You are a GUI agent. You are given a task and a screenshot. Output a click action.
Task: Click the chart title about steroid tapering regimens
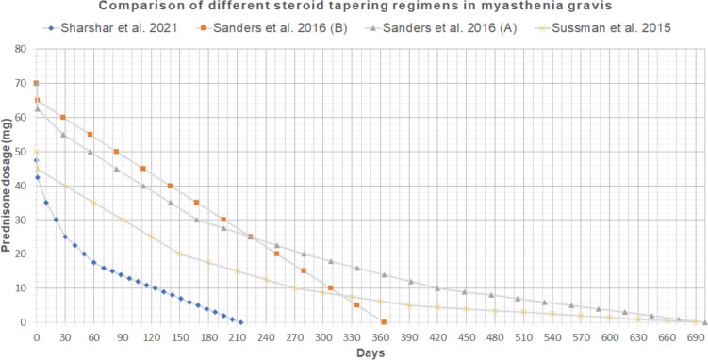pos(354,8)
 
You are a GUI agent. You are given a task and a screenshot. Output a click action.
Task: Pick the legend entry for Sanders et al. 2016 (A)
pos(430,28)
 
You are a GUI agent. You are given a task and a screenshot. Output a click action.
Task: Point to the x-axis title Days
pos(370,352)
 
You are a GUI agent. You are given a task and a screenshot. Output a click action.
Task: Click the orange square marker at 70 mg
pos(36,84)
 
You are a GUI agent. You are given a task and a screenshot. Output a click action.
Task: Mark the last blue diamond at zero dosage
pos(241,321)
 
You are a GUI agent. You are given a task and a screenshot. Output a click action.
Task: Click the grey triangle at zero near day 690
pos(704,321)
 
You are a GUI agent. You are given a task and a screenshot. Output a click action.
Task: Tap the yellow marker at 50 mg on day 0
pos(36,152)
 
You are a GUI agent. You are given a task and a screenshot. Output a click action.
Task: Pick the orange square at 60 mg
pos(63,118)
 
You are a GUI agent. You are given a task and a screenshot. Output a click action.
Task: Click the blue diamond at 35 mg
pos(46,203)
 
